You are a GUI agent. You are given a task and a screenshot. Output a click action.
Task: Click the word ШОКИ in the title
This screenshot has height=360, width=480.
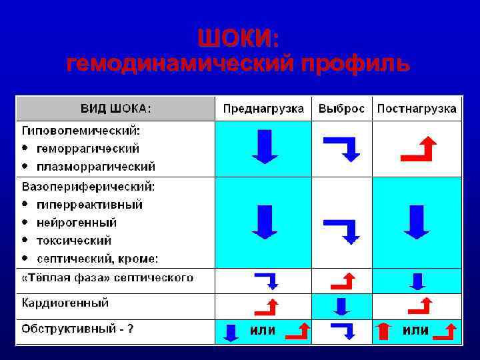pyautogui.click(x=239, y=39)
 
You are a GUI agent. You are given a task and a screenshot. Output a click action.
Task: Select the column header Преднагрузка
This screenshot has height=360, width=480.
pyautogui.click(x=263, y=109)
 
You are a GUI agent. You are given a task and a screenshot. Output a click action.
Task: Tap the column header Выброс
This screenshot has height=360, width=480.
pyautogui.click(x=341, y=109)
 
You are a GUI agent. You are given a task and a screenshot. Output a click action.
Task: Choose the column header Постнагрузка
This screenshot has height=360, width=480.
pyautogui.click(x=417, y=109)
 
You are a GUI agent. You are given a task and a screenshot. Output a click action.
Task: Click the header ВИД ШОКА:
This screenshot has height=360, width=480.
pyautogui.click(x=116, y=109)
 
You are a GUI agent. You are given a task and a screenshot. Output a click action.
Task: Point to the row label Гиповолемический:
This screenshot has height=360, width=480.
pyautogui.click(x=85, y=130)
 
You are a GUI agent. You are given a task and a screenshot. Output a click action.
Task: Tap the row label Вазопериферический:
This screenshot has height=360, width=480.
pyautogui.click(x=89, y=186)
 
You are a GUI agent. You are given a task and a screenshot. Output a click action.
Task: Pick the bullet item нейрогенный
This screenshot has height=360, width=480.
pyautogui.click(x=77, y=222)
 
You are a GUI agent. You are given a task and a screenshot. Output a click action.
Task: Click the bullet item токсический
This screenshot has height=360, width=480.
pyautogui.click(x=74, y=240)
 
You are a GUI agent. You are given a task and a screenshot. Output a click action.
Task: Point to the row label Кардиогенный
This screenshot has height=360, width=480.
pyautogui.click(x=65, y=303)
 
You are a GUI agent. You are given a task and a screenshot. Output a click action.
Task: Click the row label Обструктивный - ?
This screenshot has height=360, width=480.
pyautogui.click(x=77, y=329)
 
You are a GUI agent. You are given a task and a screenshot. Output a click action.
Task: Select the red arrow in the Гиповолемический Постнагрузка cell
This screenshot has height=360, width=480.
pyautogui.click(x=419, y=149)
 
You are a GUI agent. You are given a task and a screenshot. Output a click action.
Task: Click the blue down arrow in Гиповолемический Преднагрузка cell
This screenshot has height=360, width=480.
pyautogui.click(x=265, y=146)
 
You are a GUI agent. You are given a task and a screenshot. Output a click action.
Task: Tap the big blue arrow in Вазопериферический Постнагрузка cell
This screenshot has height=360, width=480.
pyautogui.click(x=417, y=221)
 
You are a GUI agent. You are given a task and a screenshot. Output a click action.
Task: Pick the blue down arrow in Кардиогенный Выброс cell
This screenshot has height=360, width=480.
pyautogui.click(x=341, y=306)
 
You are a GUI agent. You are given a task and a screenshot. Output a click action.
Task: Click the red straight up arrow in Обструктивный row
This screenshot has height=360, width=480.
pyautogui.click(x=383, y=331)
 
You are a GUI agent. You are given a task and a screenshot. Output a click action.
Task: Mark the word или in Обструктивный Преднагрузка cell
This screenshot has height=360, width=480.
pyautogui.click(x=263, y=330)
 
